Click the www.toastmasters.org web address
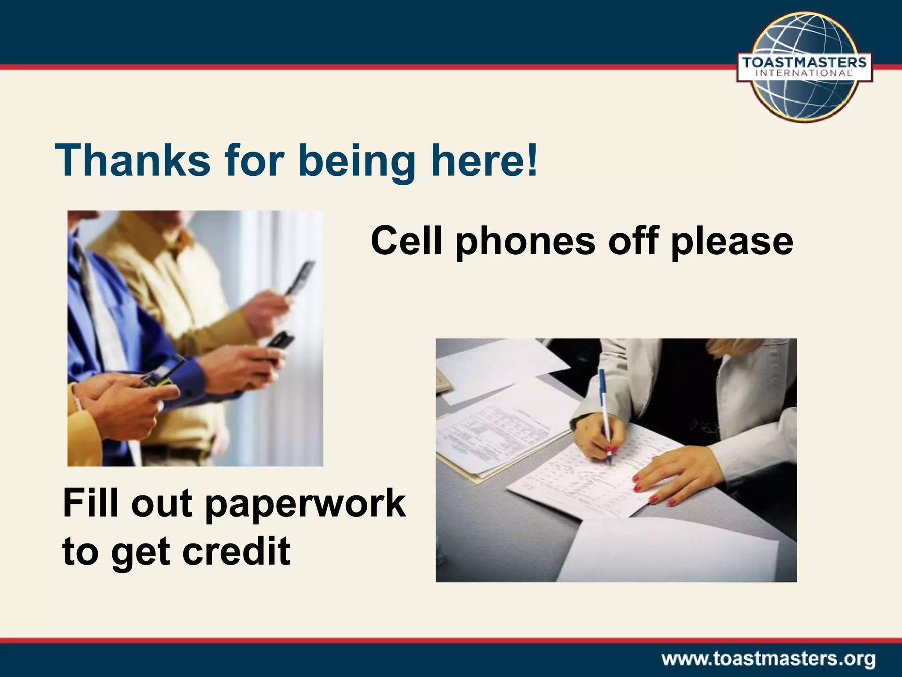tap(769, 659)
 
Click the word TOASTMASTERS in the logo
tap(804, 62)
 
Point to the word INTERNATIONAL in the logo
tap(804, 74)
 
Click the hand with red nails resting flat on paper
tap(669, 478)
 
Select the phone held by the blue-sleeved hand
tap(280, 345)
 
